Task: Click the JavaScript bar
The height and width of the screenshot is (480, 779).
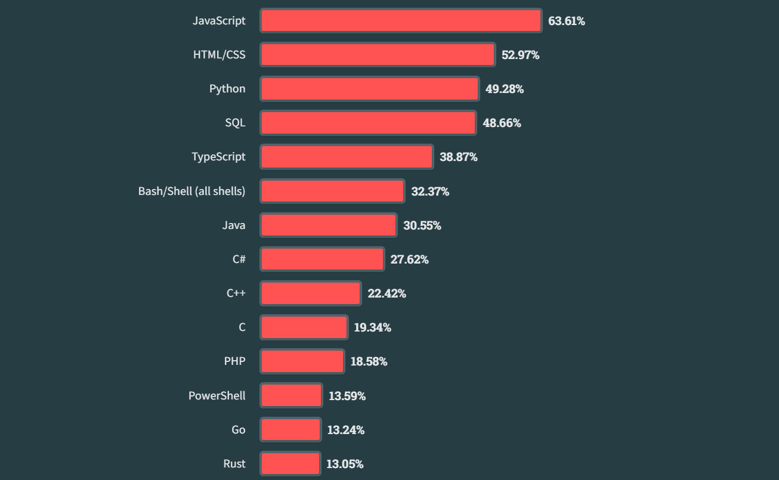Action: pos(401,21)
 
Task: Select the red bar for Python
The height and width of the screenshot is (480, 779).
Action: pos(370,89)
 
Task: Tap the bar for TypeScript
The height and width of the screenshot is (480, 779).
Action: pos(347,157)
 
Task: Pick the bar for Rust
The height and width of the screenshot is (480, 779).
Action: pos(290,464)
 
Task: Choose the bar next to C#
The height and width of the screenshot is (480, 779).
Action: pos(322,259)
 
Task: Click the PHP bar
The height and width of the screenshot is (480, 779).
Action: pos(302,361)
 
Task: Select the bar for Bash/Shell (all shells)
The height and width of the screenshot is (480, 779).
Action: pos(332,191)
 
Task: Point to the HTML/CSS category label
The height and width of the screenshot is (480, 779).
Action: pos(219,55)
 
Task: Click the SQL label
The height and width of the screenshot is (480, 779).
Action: pos(235,123)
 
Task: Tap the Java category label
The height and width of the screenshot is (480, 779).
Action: pos(233,225)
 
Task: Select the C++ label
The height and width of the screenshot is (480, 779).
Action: pos(236,293)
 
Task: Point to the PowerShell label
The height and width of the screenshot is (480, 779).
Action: pos(217,395)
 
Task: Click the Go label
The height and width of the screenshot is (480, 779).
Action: pos(238,430)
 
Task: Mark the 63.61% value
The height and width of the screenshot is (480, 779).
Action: pos(567,21)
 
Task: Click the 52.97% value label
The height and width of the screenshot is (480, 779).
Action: pos(520,55)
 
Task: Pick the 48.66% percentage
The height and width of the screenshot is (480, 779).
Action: pos(502,123)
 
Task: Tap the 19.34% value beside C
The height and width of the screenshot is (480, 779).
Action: pos(372,327)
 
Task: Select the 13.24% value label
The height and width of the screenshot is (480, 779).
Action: pos(345,430)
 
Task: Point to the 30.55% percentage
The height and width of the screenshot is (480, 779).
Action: pos(422,225)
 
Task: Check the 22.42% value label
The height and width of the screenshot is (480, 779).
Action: pos(387,293)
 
